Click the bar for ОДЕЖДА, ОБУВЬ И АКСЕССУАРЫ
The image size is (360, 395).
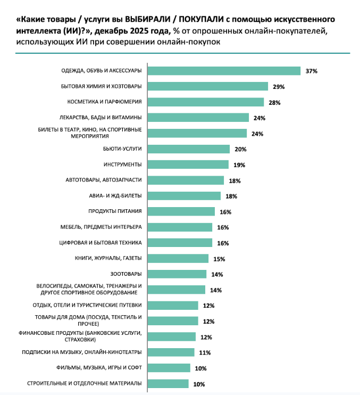tap(223, 71)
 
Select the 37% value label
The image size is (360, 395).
tap(311, 71)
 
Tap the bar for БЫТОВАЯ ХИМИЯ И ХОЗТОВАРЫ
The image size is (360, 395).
tap(207, 86)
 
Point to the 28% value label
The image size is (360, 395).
tap(274, 102)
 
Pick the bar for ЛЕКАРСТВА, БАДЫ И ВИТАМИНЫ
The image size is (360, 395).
tap(197, 118)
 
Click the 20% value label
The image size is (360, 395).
tap(240, 149)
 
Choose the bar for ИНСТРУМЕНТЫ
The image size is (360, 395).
tap(187, 164)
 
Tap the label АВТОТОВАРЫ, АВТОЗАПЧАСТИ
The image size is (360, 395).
tap(106, 180)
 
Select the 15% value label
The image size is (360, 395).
tap(219, 259)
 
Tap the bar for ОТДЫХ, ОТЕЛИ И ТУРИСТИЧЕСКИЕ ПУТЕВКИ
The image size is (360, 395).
tap(172, 306)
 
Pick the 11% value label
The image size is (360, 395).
tap(205, 352)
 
